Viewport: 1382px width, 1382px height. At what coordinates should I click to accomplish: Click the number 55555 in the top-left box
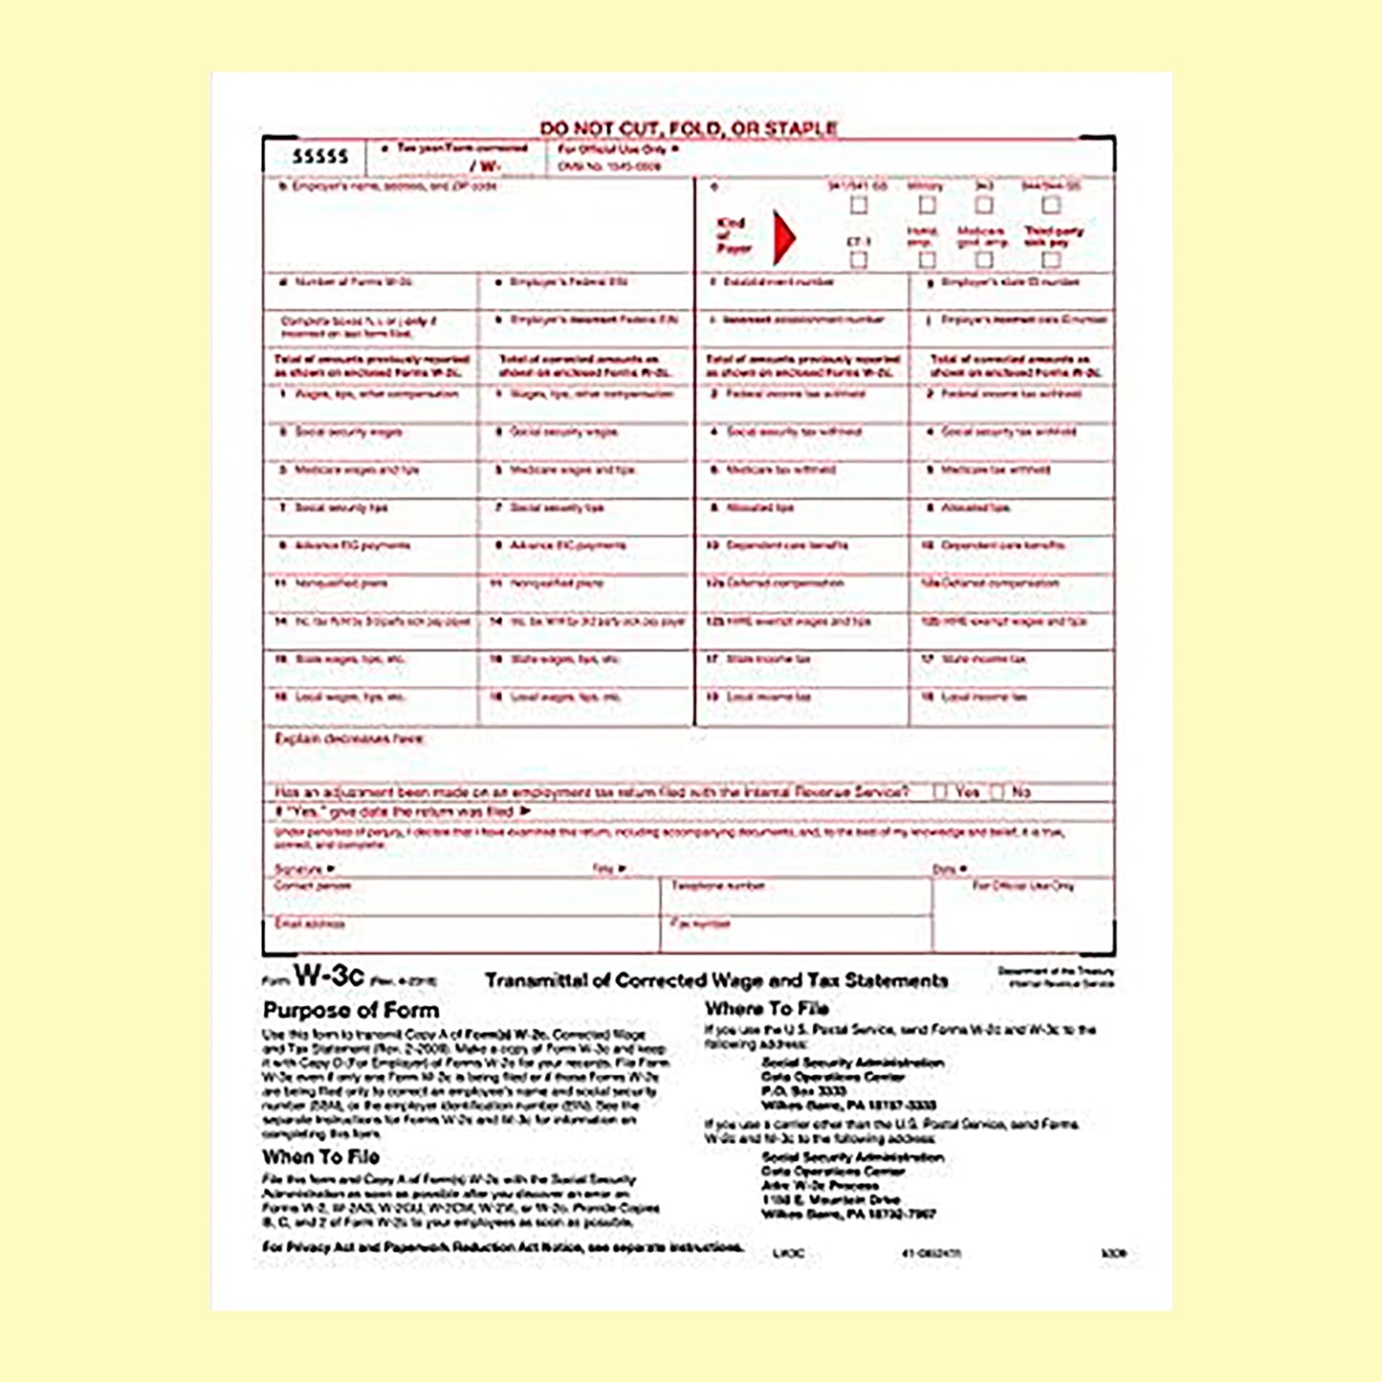click(x=319, y=156)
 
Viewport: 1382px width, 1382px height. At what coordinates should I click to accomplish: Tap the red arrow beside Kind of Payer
click(x=783, y=237)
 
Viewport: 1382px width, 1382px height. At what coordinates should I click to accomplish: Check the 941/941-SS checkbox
click(x=859, y=206)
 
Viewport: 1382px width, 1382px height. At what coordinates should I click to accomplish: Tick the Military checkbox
click(x=927, y=206)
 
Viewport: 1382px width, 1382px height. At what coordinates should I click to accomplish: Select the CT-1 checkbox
click(x=859, y=259)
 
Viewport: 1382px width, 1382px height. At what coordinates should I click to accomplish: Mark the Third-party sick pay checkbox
click(x=1051, y=259)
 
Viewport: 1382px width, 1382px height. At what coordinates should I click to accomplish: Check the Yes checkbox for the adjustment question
click(x=941, y=792)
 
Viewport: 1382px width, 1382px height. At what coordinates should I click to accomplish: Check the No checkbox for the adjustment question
click(x=998, y=792)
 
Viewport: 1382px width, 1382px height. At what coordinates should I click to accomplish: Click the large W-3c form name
click(x=328, y=976)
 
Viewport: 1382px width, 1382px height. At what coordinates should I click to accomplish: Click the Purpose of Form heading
click(x=351, y=1010)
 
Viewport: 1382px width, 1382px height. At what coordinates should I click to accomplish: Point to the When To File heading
click(x=321, y=1156)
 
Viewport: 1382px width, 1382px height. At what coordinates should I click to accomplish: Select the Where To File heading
click(x=767, y=1008)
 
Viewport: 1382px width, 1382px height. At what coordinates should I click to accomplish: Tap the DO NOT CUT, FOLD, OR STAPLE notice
click(x=689, y=128)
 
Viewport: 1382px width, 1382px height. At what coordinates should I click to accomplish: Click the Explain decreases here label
click(x=349, y=738)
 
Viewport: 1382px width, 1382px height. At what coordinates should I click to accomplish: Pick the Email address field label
click(x=309, y=924)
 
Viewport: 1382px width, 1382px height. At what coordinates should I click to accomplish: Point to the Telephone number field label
click(x=717, y=886)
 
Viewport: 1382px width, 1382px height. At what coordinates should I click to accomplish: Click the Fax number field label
click(x=701, y=924)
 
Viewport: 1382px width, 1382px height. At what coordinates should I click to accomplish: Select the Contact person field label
click(x=313, y=886)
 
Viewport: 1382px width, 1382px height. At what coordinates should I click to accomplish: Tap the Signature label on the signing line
click(x=299, y=868)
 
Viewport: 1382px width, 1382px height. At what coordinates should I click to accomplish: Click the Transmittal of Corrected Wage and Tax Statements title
click(x=716, y=980)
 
